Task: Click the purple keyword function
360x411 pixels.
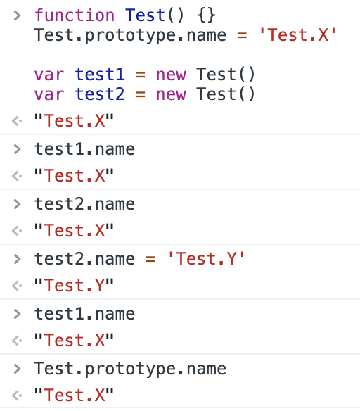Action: point(75,15)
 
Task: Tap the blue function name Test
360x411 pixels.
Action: point(145,15)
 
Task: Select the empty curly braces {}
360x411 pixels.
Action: point(207,15)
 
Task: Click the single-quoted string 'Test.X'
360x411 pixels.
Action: point(297,35)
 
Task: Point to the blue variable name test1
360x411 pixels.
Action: point(100,75)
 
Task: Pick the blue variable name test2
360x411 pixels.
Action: point(100,94)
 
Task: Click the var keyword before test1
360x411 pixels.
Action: point(49,75)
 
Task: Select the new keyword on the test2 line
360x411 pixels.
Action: point(171,95)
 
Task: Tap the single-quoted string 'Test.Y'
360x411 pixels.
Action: point(206,259)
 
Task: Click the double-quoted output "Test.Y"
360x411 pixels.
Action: point(74,285)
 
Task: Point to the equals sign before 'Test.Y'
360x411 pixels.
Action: point(150,260)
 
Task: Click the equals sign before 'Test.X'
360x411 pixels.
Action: point(242,35)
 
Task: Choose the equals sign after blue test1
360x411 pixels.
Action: point(141,75)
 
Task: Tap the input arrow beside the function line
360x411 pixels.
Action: point(17,15)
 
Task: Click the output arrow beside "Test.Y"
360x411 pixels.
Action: point(17,286)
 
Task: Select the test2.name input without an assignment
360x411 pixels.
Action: point(84,204)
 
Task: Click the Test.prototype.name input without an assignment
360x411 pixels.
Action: point(130,369)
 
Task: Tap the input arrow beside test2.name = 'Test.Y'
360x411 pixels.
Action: point(17,259)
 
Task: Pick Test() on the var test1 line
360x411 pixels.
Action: point(226,75)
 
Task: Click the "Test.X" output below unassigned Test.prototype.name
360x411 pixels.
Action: point(74,395)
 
